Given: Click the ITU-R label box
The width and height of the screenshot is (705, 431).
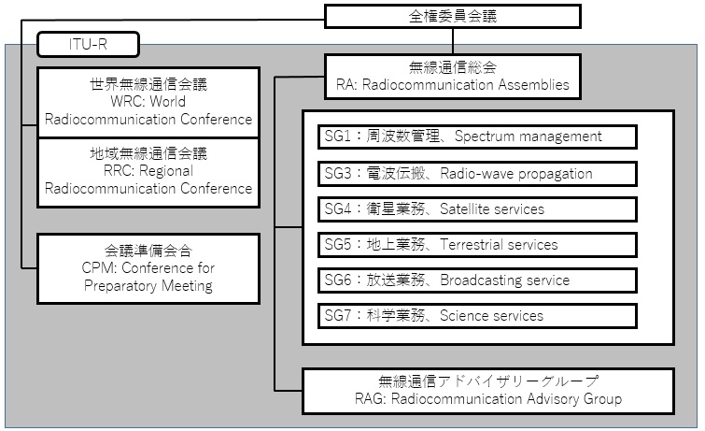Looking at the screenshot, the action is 88,44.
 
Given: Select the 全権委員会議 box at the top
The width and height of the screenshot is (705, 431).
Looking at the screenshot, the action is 453,16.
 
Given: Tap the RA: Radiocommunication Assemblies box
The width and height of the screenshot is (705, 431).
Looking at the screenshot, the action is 453,77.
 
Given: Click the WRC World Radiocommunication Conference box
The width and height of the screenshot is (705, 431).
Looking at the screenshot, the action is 148,102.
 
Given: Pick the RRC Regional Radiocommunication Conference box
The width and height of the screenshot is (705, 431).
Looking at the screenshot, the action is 148,172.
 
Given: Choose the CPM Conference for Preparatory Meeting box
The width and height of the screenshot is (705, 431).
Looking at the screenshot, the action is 148,268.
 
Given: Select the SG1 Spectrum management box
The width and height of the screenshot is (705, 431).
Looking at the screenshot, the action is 477,136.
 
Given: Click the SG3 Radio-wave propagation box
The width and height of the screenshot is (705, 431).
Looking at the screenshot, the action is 477,174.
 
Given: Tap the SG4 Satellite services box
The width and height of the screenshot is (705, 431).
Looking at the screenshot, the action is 477,209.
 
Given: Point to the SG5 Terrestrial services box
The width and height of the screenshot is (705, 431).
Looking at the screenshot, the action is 477,245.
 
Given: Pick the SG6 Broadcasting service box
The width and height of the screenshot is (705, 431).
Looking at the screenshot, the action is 477,280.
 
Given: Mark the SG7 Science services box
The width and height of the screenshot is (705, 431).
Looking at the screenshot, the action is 477,316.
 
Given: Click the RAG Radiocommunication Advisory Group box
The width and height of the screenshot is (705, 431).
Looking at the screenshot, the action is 488,391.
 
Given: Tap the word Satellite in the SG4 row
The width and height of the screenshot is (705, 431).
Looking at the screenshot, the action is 464,209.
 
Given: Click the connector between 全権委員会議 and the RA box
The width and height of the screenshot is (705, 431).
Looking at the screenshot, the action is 453,41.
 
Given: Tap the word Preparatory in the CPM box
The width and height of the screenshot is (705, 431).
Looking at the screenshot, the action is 121,286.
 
